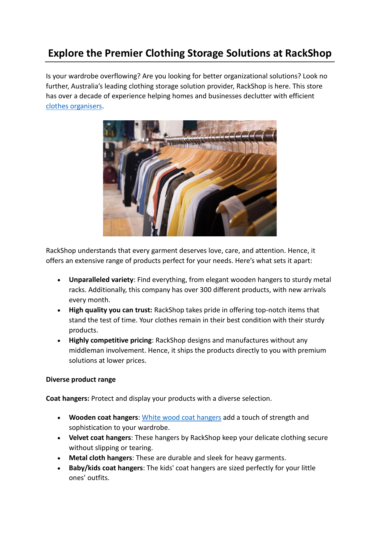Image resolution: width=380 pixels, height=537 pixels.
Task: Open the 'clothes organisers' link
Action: pyautogui.click(x=74, y=106)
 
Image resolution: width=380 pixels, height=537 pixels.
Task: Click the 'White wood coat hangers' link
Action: pyautogui.click(x=181, y=418)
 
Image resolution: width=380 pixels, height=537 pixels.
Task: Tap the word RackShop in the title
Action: pyautogui.click(x=308, y=53)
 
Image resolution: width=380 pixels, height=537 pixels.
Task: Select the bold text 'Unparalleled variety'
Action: pyautogui.click(x=101, y=280)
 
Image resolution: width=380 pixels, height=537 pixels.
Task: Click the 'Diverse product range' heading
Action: pyautogui.click(x=81, y=380)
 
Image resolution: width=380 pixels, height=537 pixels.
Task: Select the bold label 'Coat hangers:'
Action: pyautogui.click(x=68, y=399)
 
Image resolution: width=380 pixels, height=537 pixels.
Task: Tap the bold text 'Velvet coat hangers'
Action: pyautogui.click(x=100, y=438)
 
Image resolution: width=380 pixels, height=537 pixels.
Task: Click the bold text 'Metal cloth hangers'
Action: pyautogui.click(x=100, y=458)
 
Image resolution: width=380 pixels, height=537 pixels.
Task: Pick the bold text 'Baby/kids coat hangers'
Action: pyautogui.click(x=106, y=468)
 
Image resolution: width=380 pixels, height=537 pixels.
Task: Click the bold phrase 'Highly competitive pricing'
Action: pyautogui.click(x=110, y=340)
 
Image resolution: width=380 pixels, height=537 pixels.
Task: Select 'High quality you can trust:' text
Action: pyautogui.click(x=111, y=310)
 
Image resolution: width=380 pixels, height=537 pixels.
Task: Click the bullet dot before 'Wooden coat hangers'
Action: pyautogui.click(x=59, y=418)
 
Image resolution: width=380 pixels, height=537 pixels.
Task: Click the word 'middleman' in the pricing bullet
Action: pyautogui.click(x=87, y=351)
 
